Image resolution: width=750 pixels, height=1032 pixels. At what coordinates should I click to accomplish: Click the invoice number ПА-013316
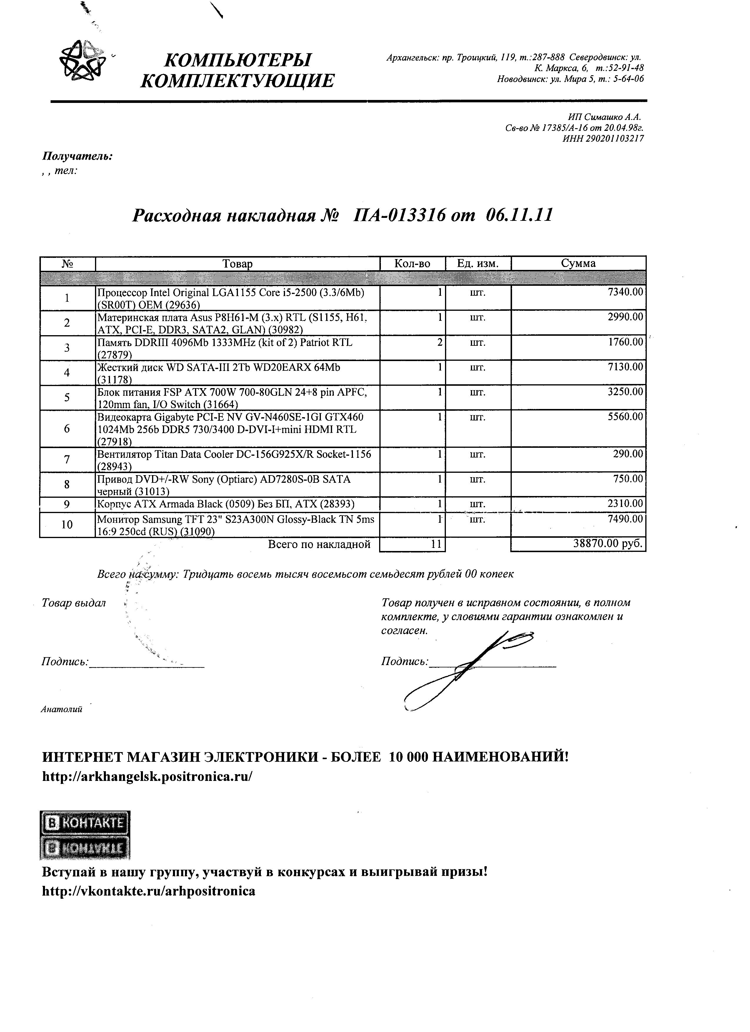click(x=400, y=215)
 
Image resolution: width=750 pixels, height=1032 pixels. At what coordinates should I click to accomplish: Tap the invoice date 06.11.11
click(x=519, y=215)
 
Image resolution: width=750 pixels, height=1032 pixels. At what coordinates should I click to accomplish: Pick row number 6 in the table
click(x=67, y=429)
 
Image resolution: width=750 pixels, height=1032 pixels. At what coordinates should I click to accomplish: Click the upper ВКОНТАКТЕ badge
click(x=85, y=822)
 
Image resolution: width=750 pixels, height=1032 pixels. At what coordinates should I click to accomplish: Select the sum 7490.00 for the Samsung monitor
click(x=625, y=519)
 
